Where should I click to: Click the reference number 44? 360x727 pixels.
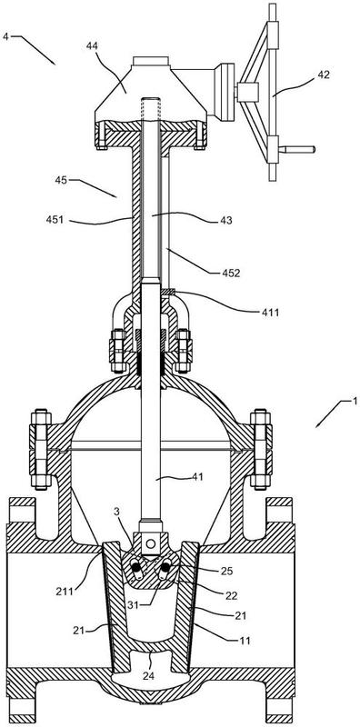[x=94, y=45]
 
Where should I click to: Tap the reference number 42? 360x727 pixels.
[x=323, y=75]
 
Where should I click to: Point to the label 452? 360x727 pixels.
[x=230, y=274]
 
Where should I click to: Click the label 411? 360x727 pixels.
[x=269, y=313]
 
